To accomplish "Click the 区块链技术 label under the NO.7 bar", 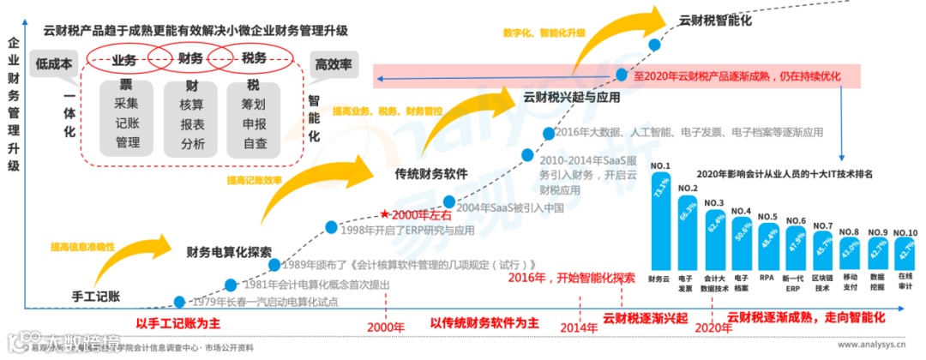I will pyautogui.click(x=823, y=283).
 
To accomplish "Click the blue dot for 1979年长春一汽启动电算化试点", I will pyautogui.click(x=179, y=302).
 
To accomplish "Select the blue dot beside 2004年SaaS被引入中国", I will pyautogui.click(x=449, y=202).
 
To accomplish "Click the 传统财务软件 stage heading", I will pyautogui.click(x=430, y=173).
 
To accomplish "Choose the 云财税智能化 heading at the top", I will pyautogui.click(x=717, y=20).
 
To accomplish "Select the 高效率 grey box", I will pyautogui.click(x=334, y=63).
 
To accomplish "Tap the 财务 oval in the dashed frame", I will pyautogui.click(x=190, y=59).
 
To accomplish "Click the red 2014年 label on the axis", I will pyautogui.click(x=580, y=327).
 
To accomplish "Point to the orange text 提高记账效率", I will pyautogui.click(x=255, y=181).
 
